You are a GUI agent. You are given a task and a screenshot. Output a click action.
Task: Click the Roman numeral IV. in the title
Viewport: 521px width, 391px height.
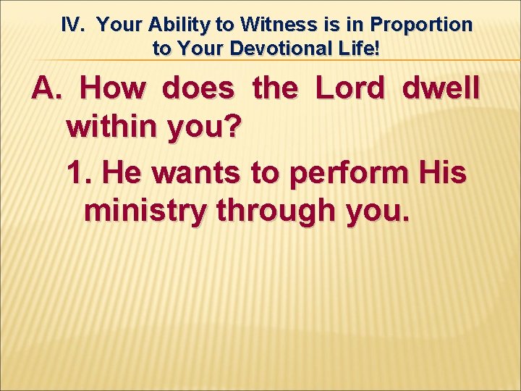[x=74, y=25]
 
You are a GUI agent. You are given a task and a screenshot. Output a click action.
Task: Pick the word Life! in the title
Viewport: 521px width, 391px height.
[x=360, y=49]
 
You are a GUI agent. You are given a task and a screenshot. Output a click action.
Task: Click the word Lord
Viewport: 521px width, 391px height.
[x=350, y=88]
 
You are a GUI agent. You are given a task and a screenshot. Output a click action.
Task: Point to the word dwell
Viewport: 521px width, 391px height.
[x=440, y=88]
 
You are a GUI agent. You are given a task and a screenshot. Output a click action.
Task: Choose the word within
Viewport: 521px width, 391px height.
[x=112, y=129]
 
